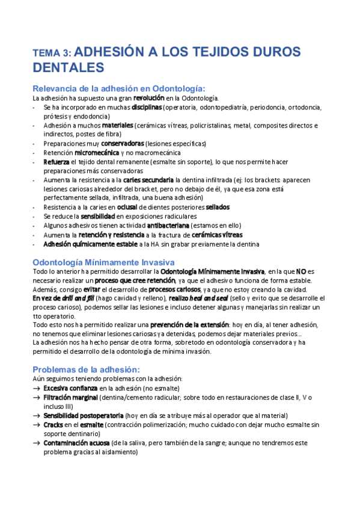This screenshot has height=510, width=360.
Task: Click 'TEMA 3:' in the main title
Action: point(53,53)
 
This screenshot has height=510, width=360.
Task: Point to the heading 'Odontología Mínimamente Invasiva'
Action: point(103,262)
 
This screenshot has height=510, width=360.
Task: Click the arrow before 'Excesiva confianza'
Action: point(37,389)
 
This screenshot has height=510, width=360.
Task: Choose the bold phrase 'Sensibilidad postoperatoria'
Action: point(83,416)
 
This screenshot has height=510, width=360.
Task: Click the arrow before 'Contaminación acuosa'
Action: point(37,443)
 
